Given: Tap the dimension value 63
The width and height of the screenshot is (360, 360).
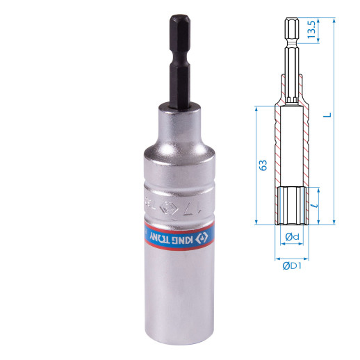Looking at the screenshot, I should pyautogui.click(x=263, y=165).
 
